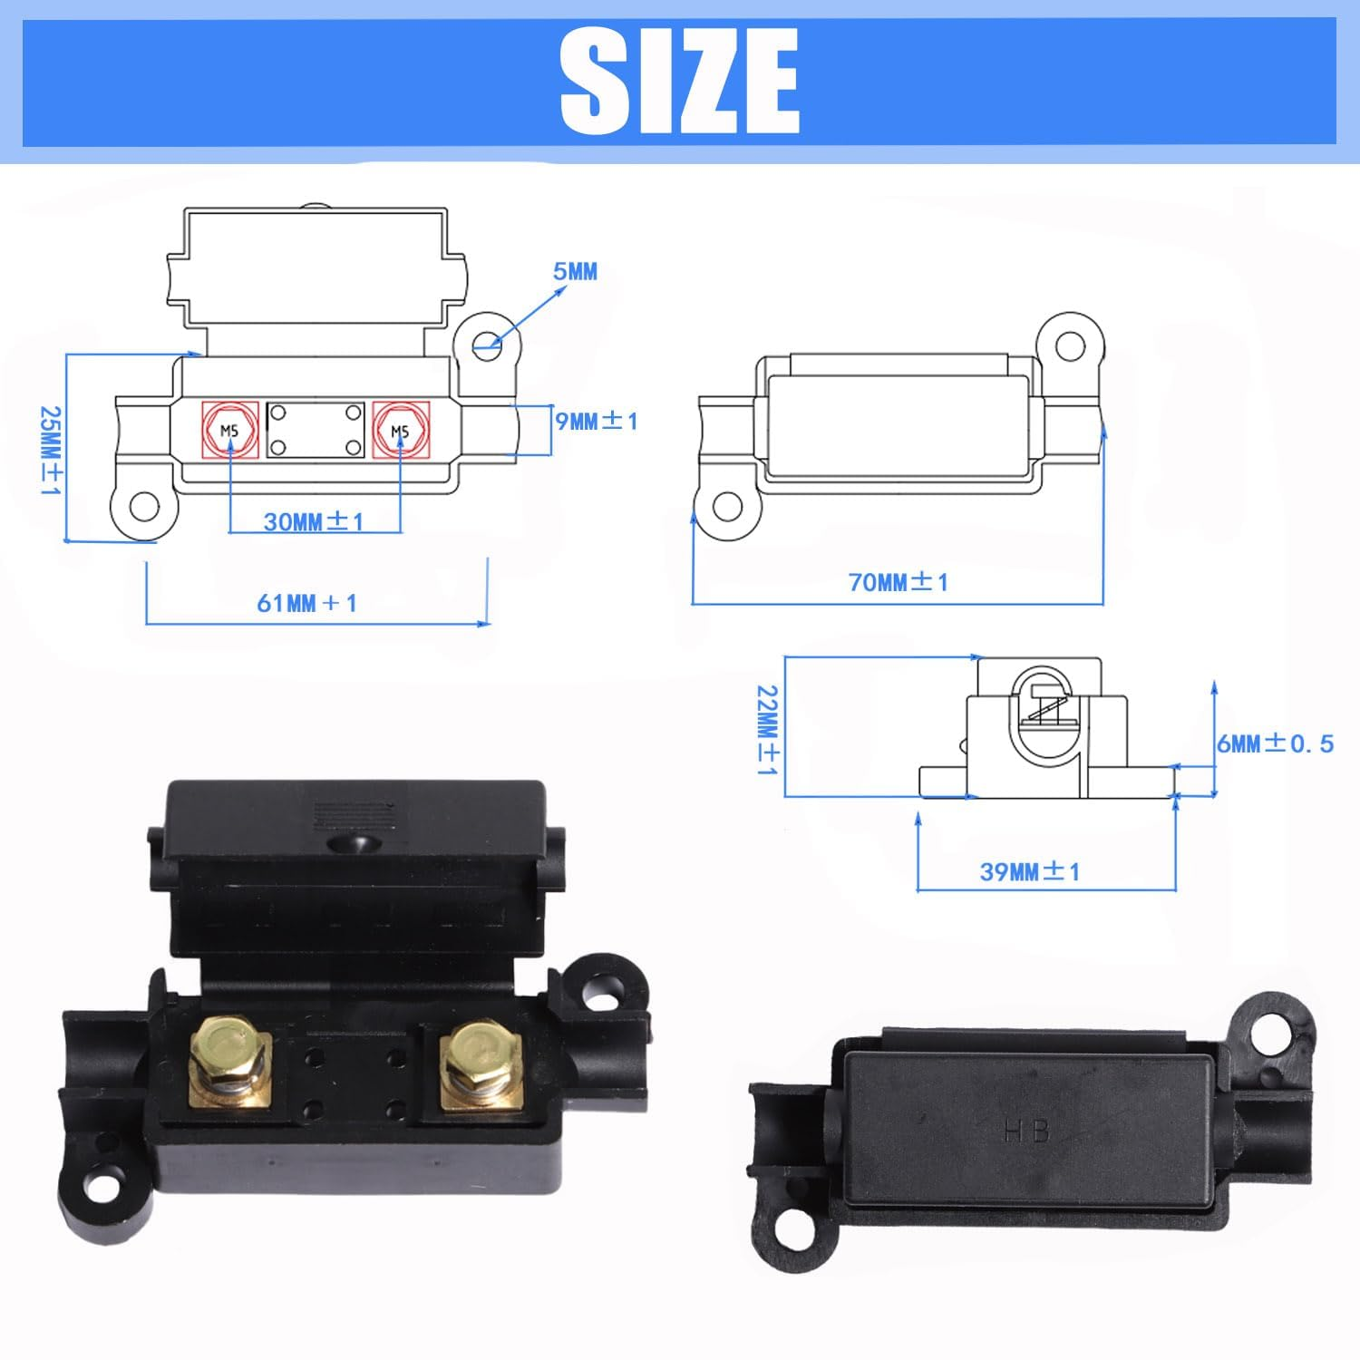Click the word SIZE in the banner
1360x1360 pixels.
pos(680,82)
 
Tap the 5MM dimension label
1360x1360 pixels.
pos(575,271)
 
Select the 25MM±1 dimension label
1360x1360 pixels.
pos(50,450)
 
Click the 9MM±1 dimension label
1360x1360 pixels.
pos(596,421)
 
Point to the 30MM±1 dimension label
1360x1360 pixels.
pos(314,521)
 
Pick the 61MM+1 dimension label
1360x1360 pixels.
pos(306,603)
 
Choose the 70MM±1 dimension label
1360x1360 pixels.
pos(898,582)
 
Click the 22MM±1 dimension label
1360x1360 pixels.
pos(768,730)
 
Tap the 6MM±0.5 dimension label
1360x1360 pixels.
pos(1275,743)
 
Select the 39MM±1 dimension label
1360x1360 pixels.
pos(1030,871)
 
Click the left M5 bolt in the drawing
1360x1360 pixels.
pos(229,430)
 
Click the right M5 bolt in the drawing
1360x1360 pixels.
pos(400,431)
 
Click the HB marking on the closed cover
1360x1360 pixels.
pos(1026,1131)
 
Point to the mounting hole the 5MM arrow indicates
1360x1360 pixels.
pos(488,343)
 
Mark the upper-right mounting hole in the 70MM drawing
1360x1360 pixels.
pos(1071,345)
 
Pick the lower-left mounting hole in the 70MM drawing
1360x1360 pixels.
pos(727,506)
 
